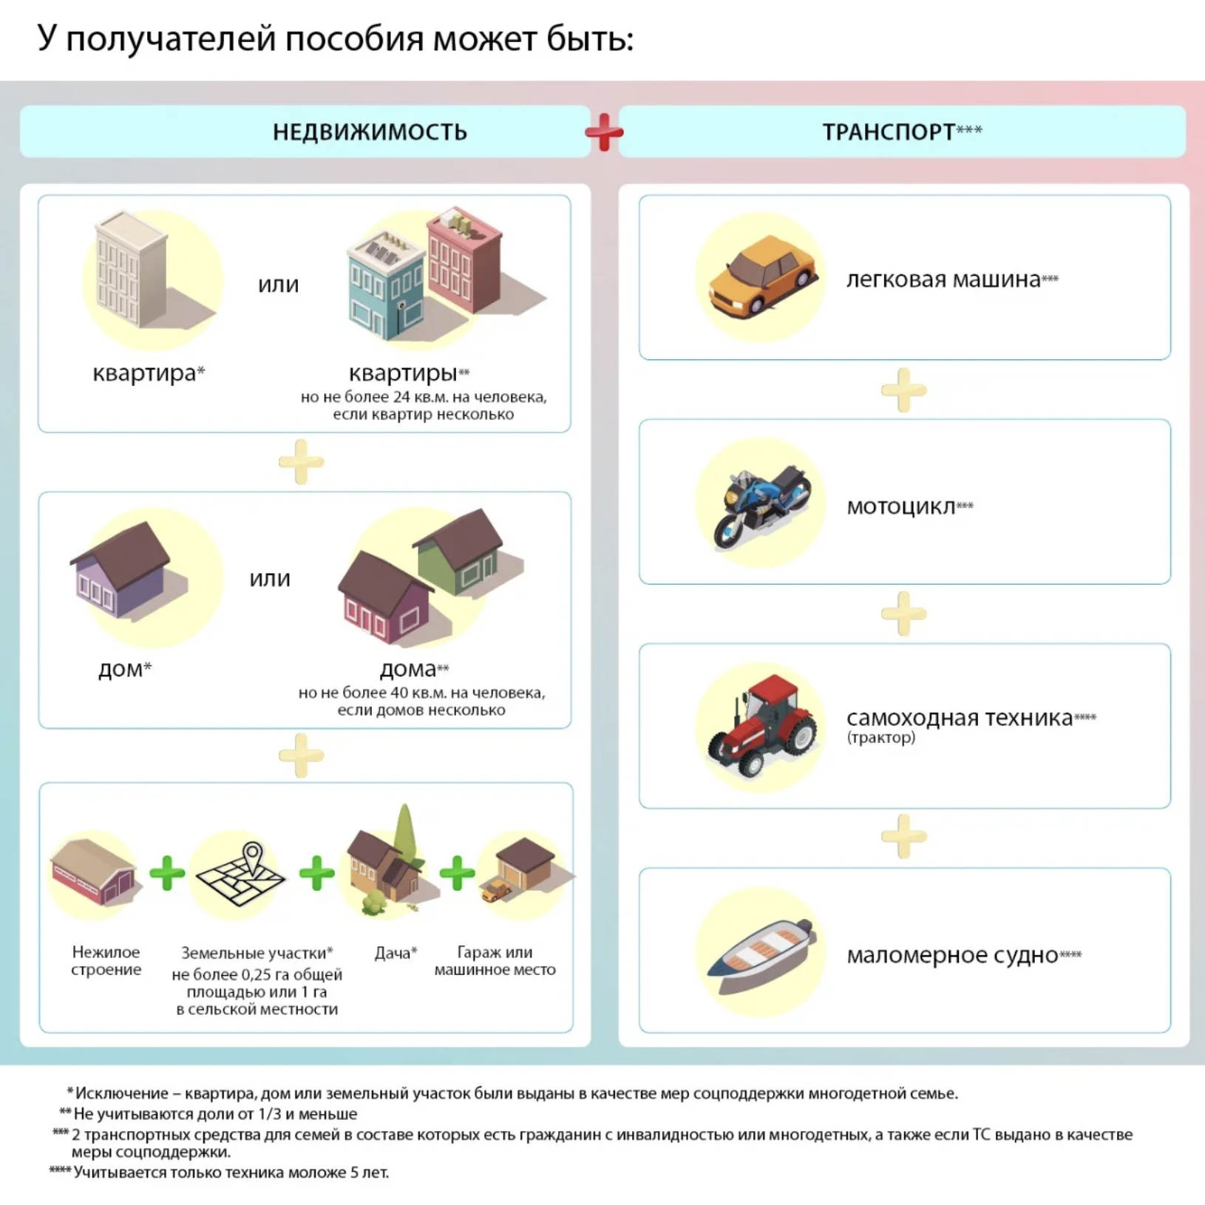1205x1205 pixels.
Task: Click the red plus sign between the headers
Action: tap(604, 132)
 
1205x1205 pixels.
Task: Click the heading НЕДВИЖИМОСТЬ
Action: tap(370, 132)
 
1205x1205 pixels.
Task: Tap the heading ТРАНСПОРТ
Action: tap(889, 132)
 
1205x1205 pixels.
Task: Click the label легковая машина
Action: tap(943, 279)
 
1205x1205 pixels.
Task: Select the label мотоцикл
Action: tap(900, 507)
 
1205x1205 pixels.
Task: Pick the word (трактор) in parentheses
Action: tap(880, 738)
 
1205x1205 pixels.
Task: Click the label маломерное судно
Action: tap(952, 955)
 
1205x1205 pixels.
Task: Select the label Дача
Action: tap(393, 953)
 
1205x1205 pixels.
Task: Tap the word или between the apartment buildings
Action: tap(278, 285)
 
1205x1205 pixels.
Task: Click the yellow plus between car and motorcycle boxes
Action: tap(903, 390)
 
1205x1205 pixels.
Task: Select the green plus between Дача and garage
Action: tap(457, 873)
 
